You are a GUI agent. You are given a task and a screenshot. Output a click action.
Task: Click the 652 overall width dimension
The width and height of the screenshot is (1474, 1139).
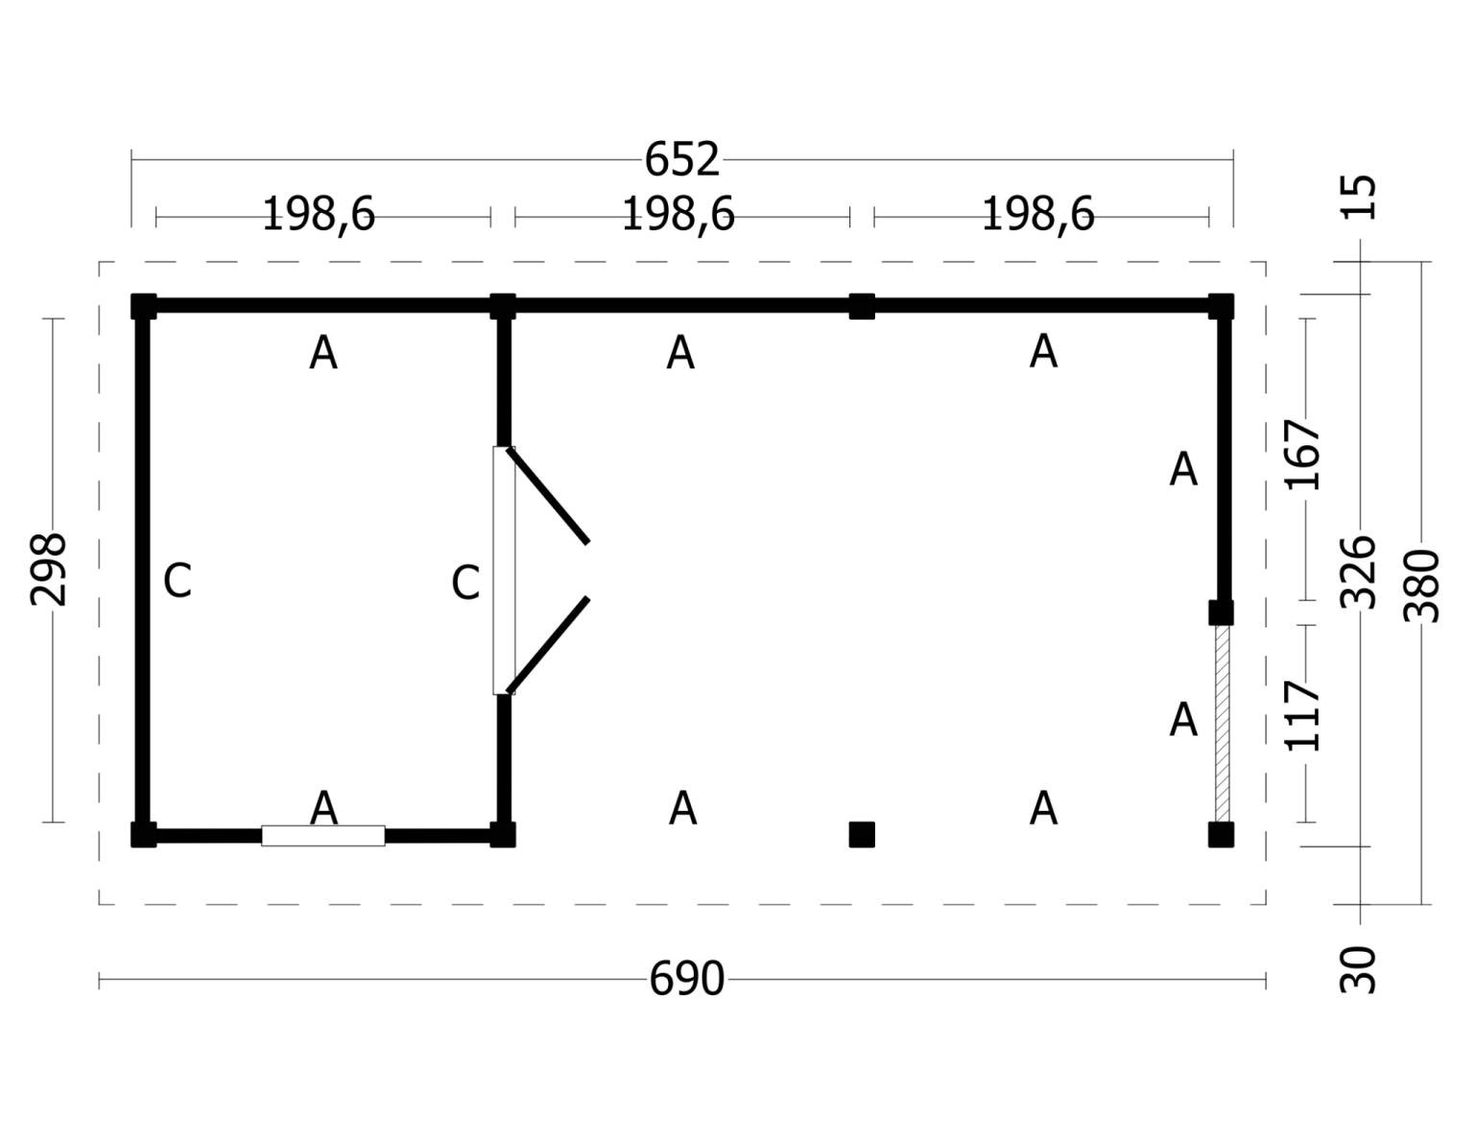[681, 159]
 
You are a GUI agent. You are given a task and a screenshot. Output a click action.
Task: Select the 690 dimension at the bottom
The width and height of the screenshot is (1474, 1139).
[686, 980]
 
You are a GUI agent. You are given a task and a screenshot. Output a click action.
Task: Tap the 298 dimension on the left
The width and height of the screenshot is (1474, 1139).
[48, 569]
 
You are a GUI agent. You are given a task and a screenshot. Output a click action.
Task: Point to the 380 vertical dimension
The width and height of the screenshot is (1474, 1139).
[1421, 585]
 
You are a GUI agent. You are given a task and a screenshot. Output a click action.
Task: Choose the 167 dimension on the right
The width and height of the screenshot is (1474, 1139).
[1304, 454]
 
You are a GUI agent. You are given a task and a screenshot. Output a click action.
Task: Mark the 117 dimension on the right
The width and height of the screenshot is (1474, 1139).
[1304, 716]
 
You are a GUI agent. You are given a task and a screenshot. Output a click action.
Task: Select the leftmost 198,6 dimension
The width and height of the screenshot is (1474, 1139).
[319, 215]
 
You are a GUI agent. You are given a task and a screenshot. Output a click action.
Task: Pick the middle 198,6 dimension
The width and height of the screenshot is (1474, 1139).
[678, 215]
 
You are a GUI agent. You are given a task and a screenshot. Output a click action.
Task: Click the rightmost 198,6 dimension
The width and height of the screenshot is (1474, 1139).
[1037, 215]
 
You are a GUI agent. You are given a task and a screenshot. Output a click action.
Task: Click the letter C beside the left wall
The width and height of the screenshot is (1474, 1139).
[178, 581]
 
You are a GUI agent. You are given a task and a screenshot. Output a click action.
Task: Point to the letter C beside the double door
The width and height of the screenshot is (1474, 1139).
[465, 582]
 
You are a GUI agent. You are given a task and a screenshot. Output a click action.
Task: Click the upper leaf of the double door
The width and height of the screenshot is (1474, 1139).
[548, 496]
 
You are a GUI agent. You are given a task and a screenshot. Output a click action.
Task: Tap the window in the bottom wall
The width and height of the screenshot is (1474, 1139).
[323, 836]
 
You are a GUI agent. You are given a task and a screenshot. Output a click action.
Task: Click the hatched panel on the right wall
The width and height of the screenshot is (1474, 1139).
[1222, 724]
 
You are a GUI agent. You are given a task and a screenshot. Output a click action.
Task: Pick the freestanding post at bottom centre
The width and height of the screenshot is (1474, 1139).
[862, 835]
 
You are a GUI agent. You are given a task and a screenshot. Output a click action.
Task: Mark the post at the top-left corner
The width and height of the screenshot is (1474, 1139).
[143, 307]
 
